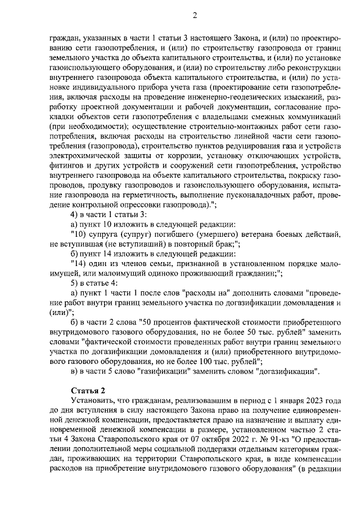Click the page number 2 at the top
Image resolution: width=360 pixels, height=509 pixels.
[195, 15]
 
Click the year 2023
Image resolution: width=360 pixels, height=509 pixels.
[310, 400]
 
